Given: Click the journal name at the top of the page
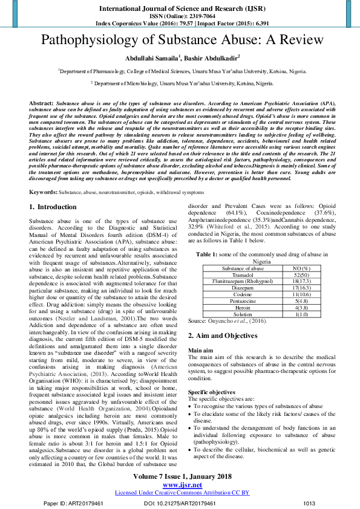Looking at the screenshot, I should point(180,8).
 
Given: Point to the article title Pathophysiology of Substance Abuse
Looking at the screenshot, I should point(180,41).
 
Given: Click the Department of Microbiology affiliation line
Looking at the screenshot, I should point(180,82).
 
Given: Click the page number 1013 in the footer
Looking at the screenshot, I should point(309,503).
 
